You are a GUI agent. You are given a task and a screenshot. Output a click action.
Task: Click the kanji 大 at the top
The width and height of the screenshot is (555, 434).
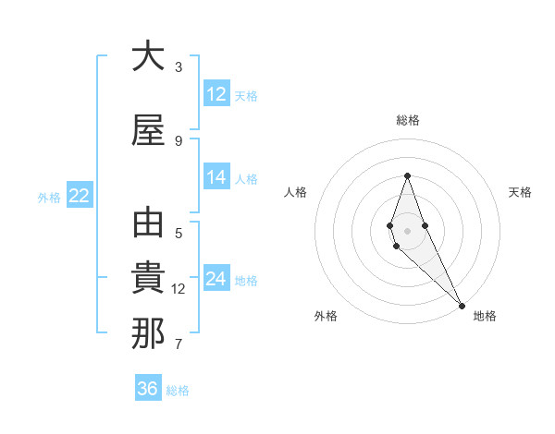[x=148, y=56]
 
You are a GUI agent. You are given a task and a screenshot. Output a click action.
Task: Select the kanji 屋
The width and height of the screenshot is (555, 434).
[x=148, y=130]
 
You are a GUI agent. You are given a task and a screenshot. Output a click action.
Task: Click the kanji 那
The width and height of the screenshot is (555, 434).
[x=148, y=333]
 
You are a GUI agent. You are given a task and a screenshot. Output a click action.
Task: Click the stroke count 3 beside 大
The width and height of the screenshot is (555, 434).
[x=179, y=67]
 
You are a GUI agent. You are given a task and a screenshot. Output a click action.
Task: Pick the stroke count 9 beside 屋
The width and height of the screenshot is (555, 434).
[x=179, y=141]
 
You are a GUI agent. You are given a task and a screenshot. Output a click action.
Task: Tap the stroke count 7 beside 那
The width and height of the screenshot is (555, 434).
[x=179, y=344]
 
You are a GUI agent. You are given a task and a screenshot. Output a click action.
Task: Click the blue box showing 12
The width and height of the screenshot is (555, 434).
[x=216, y=94]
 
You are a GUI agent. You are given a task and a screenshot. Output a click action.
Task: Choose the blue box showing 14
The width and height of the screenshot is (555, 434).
[x=216, y=177]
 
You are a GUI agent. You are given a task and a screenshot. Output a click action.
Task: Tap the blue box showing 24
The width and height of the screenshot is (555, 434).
[x=216, y=279]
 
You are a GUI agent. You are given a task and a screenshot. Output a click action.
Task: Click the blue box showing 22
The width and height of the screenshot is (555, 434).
[x=79, y=196]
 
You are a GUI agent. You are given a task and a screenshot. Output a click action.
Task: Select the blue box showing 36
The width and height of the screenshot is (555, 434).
[x=148, y=389]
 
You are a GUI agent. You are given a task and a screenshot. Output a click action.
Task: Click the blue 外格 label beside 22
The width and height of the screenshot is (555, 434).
[x=49, y=197]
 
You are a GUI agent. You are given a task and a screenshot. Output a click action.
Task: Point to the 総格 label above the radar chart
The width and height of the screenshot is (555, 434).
[x=408, y=120]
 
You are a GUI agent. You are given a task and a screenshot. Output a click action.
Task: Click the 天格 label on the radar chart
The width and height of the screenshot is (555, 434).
[x=521, y=192]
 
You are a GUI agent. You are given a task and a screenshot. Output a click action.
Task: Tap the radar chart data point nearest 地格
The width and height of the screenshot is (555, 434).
[x=462, y=304]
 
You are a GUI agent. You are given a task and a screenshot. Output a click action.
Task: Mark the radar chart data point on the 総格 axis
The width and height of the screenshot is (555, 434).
[x=407, y=176]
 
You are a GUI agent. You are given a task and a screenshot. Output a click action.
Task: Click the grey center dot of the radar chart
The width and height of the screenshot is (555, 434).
[x=407, y=231]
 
